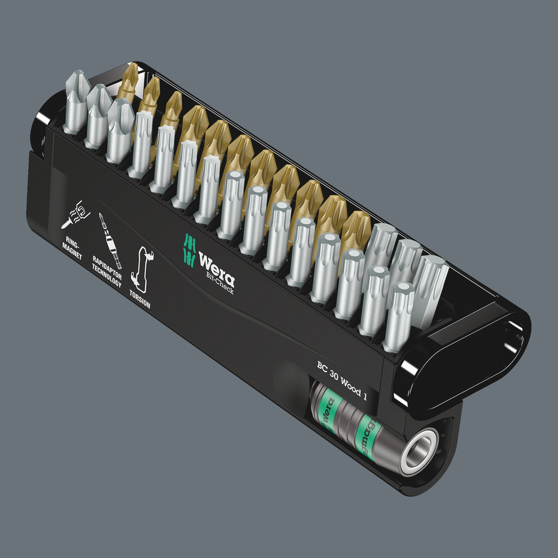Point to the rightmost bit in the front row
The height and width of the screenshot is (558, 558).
(401, 312)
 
